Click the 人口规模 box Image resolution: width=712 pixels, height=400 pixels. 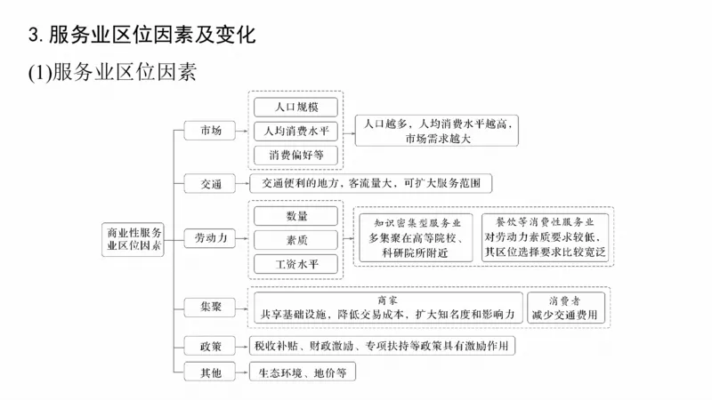pos(295,107)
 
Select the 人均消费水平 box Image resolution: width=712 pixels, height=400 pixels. pos(295,131)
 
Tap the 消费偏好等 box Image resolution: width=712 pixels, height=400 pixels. pos(295,155)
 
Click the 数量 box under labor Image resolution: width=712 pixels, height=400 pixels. pos(296,216)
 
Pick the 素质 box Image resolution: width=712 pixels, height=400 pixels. pos(296,239)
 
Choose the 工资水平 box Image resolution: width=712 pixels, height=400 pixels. pos(296,263)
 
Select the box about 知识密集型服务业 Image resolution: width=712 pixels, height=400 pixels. pos(415,237)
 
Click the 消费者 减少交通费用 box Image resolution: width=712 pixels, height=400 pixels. pos(565,307)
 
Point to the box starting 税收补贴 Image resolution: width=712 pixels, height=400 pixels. pos(381,345)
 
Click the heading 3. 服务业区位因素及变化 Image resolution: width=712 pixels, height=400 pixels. pos(142,36)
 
